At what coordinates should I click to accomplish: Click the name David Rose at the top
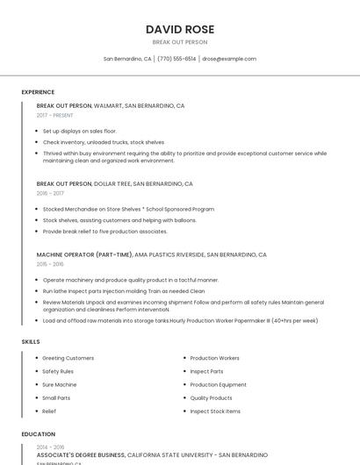(180, 29)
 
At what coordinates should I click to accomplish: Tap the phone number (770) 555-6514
(176, 59)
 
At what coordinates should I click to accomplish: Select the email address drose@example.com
(229, 59)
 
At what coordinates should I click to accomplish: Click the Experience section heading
(38, 92)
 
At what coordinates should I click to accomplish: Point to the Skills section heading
(31, 340)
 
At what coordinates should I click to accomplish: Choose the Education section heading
(38, 433)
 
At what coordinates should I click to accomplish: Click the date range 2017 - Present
(55, 116)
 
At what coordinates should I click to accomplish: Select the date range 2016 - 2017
(50, 193)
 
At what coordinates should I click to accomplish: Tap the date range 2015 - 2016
(50, 264)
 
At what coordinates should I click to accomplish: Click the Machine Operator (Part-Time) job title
(84, 254)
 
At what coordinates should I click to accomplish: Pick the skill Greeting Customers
(68, 358)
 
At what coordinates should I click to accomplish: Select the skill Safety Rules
(58, 371)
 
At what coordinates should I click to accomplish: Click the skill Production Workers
(214, 358)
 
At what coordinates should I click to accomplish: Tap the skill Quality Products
(211, 397)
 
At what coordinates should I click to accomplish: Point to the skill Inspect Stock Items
(215, 411)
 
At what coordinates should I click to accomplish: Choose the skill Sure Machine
(59, 384)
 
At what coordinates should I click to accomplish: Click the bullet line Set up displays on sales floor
(79, 131)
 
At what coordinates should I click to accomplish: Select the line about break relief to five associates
(104, 231)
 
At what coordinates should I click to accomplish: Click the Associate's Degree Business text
(81, 455)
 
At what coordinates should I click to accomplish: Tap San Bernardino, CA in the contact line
(127, 59)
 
